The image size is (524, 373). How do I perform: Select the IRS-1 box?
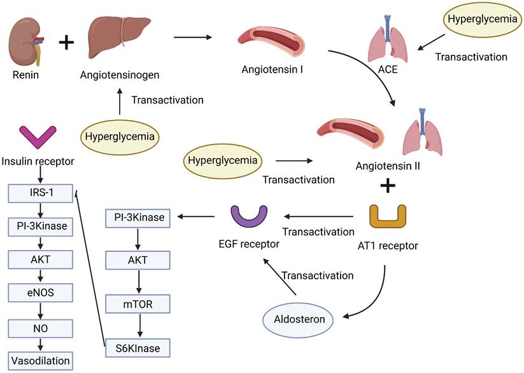pos(40,193)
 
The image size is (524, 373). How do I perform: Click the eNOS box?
pos(40,293)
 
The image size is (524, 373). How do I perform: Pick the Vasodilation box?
pos(40,360)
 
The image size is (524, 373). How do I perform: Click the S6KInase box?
pos(138,348)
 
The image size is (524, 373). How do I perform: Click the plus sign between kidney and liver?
pos(67,43)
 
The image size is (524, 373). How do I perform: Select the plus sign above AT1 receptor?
pos(387,187)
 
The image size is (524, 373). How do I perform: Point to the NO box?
pos(40,326)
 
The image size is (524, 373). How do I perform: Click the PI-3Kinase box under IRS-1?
pos(40,226)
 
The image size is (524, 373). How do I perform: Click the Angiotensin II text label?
pos(386,167)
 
